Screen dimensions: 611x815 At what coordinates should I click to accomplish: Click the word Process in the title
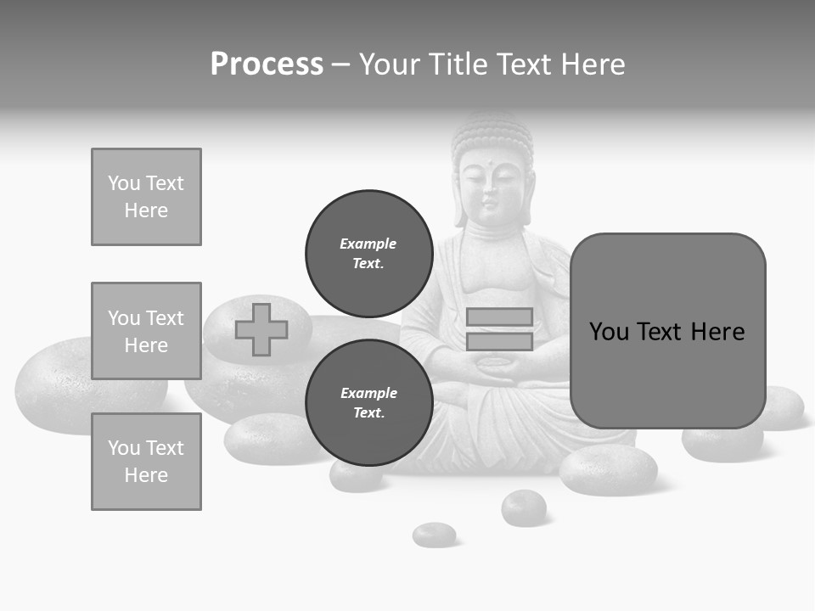pos(267,64)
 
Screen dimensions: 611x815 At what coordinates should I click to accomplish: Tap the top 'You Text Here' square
pos(146,197)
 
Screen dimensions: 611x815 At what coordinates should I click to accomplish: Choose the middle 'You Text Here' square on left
pos(146,331)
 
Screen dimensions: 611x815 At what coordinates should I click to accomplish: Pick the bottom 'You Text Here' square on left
pos(146,461)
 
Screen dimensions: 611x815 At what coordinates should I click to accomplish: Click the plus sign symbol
pos(261,329)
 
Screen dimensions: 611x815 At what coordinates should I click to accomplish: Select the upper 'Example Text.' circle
pos(368,253)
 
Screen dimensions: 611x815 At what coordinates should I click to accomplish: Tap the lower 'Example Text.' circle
pos(368,402)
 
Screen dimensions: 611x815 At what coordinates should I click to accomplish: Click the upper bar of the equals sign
pos(499,317)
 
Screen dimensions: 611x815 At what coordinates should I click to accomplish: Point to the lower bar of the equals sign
pos(499,342)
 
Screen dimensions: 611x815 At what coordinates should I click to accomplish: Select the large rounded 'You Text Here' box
pos(667,331)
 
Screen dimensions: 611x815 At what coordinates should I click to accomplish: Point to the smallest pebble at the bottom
pos(434,535)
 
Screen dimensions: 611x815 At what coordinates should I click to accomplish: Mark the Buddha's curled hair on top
pos(492,132)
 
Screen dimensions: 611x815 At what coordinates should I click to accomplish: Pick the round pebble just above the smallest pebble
pos(524,507)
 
